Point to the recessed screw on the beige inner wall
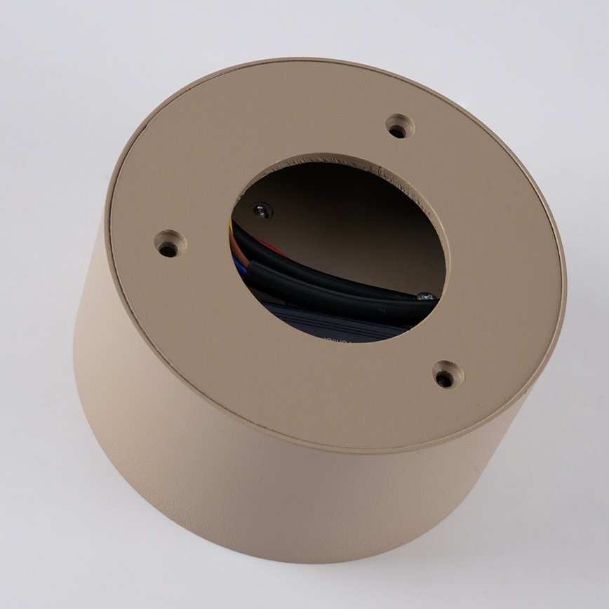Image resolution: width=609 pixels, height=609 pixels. click(x=262, y=210)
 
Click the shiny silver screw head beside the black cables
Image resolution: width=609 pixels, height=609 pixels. click(x=424, y=296)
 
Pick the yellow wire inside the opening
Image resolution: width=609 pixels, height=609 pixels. click(x=232, y=226)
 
